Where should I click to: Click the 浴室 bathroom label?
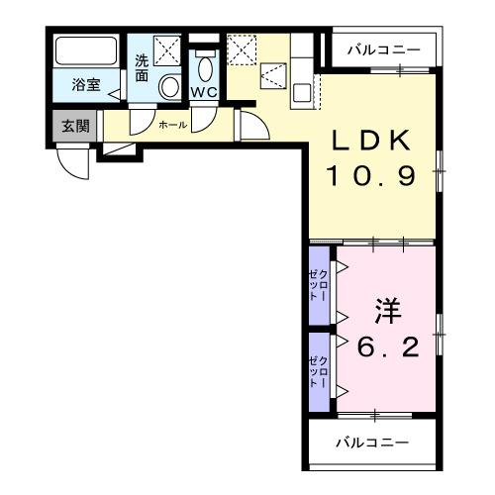pyautogui.click(x=86, y=85)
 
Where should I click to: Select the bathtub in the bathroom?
pyautogui.click(x=85, y=50)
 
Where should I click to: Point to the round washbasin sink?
pyautogui.click(x=169, y=87)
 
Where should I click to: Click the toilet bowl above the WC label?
pyautogui.click(x=205, y=66)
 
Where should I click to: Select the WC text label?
pyautogui.click(x=204, y=92)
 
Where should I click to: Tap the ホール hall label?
pyautogui.click(x=172, y=126)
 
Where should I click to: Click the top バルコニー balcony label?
pyautogui.click(x=384, y=49)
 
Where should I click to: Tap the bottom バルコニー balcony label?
pyautogui.click(x=370, y=442)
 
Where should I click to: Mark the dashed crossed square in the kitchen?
pyautogui.click(x=242, y=48)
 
